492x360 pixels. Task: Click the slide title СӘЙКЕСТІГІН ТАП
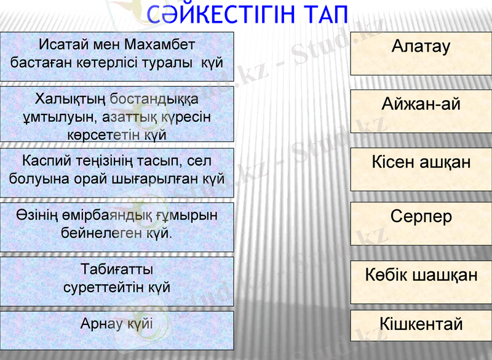[248, 14]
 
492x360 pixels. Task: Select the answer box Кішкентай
[421, 324]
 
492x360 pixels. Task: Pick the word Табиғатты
[117, 270]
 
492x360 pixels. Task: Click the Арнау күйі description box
[117, 324]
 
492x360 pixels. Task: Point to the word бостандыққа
[154, 98]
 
